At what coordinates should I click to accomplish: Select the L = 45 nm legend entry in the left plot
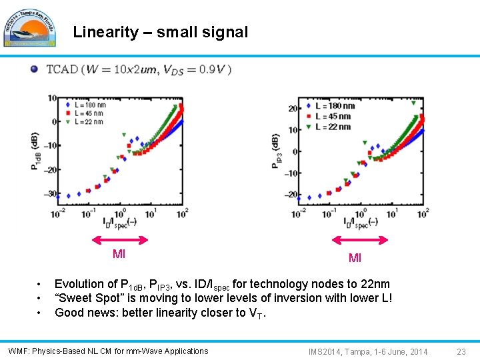tap(86, 113)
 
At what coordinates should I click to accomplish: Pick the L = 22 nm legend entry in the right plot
tap(333, 127)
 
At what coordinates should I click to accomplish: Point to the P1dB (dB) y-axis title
tap(35, 151)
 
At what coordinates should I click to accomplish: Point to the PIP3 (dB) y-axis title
tap(275, 151)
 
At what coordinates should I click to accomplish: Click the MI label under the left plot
tap(119, 254)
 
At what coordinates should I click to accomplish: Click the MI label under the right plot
tap(355, 258)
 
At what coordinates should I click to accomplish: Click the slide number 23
tap(461, 351)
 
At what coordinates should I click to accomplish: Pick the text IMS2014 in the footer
tap(325, 351)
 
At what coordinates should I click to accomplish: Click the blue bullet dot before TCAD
tap(34, 69)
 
